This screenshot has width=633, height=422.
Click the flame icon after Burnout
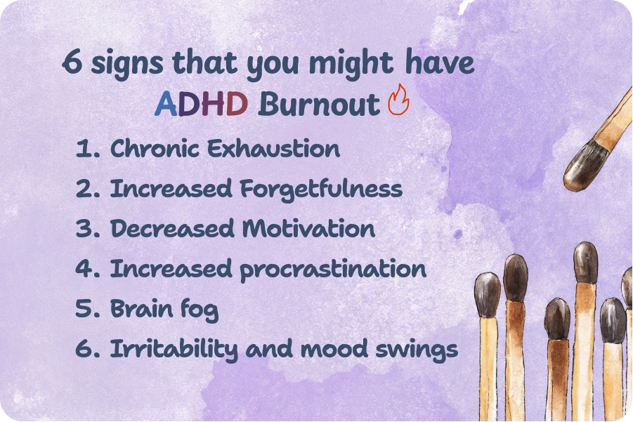[398, 101]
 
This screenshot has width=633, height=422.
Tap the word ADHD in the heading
[201, 104]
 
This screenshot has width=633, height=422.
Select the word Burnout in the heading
[318, 104]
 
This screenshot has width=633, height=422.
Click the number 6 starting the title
[71, 63]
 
